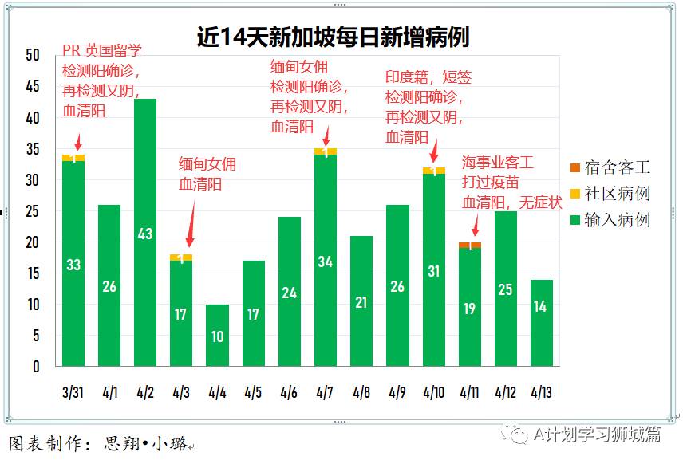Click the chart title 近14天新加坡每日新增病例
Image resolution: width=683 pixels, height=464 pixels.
[x=333, y=37]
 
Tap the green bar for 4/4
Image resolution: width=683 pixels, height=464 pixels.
[x=217, y=336]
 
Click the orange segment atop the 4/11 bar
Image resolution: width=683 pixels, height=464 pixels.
[x=469, y=245]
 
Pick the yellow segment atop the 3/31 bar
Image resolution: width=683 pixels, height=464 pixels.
[x=73, y=158]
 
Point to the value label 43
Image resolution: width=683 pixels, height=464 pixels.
[x=145, y=234]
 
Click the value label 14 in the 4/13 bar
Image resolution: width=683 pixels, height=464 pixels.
[x=540, y=306]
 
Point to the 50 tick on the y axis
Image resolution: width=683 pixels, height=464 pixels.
[x=33, y=55]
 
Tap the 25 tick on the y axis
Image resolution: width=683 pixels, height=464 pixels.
[x=33, y=211]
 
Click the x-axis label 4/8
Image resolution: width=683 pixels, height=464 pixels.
[x=361, y=392]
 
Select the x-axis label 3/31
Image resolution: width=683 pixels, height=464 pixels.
[x=73, y=392]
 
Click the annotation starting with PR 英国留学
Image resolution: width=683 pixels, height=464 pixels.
[x=102, y=81]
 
